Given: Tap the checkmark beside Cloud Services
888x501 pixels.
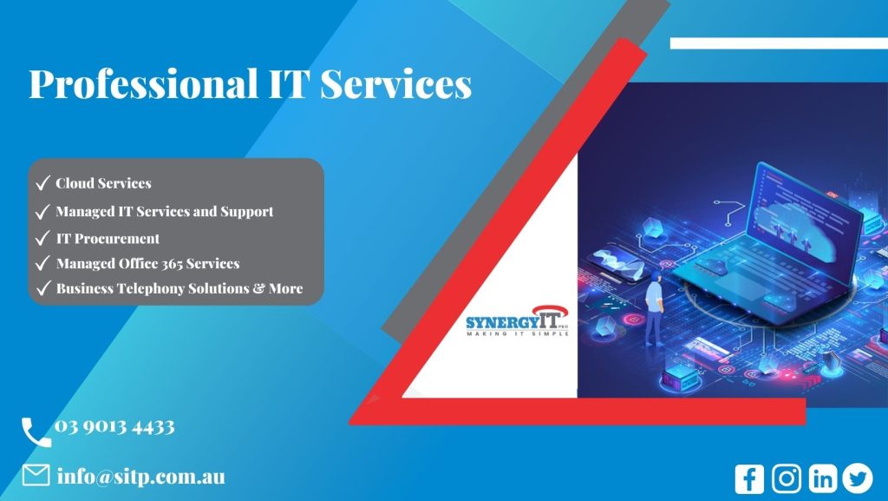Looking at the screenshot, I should click(x=42, y=183).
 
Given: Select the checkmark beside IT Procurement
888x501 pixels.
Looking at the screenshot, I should click(x=42, y=238).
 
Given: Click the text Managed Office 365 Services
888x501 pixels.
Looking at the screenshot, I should click(x=147, y=263).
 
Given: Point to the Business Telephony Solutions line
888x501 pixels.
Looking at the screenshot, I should click(x=179, y=288).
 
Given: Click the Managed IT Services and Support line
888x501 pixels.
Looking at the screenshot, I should click(x=164, y=211).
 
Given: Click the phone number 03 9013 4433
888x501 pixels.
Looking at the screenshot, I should click(x=114, y=426).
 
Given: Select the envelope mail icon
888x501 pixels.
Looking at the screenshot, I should click(x=36, y=476).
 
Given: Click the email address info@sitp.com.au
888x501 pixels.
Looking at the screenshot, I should click(x=140, y=477).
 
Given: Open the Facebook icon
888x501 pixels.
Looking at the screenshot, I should click(x=748, y=478).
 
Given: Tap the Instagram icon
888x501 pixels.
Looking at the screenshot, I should click(x=786, y=478).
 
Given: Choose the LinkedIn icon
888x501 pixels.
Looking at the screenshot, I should click(x=822, y=478).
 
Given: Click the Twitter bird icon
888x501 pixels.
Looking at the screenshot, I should click(x=857, y=478).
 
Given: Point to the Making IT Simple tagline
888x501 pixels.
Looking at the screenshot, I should click(x=517, y=333).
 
